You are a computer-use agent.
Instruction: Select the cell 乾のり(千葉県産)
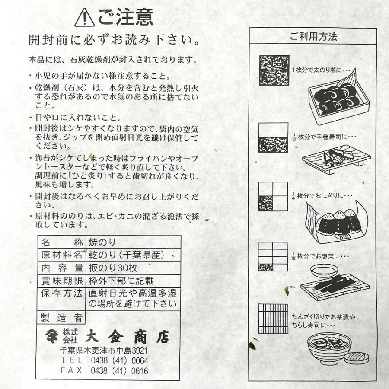tap(126, 255)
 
